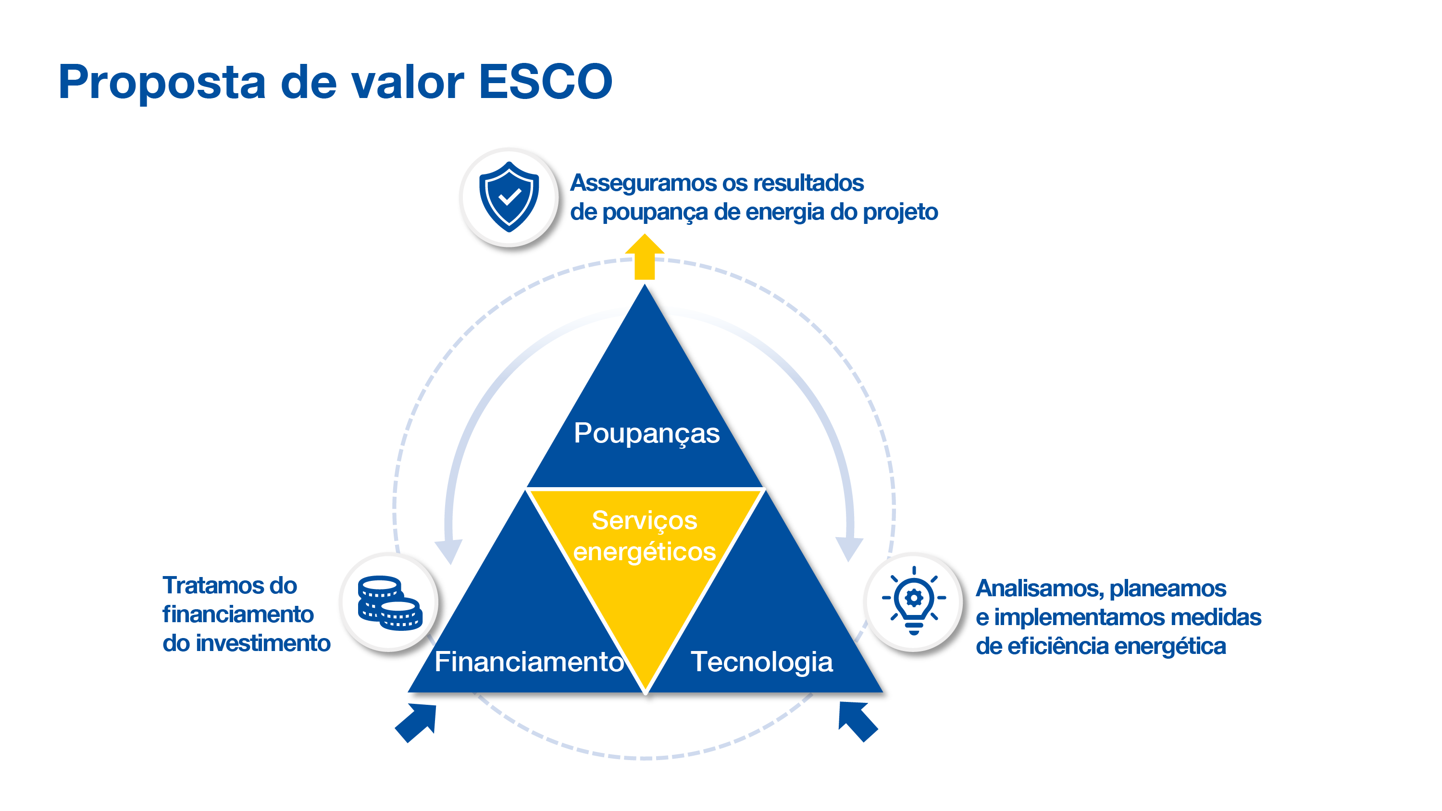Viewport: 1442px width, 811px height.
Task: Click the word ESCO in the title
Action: (545, 82)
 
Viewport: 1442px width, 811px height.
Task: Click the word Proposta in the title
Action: (162, 83)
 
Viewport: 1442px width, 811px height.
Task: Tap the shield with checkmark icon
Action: (509, 197)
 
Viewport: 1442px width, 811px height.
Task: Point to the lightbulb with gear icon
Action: (914, 600)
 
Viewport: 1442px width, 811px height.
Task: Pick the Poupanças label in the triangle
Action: (646, 434)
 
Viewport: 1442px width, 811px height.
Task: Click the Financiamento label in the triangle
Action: (529, 662)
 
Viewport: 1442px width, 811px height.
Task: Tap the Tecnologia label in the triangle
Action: (761, 662)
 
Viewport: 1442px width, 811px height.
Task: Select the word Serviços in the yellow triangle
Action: (644, 520)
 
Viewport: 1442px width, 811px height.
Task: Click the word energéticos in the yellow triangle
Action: (644, 552)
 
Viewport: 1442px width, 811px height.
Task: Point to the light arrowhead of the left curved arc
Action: (449, 550)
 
